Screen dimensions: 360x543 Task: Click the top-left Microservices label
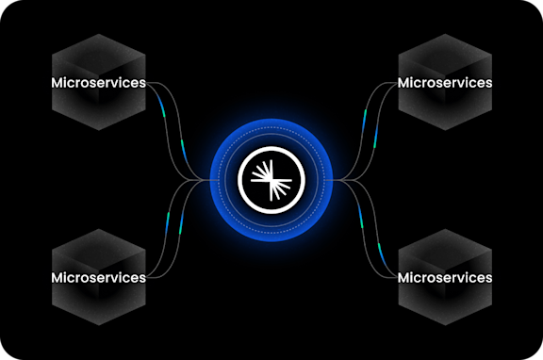click(98, 83)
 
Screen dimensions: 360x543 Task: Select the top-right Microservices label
click(445, 83)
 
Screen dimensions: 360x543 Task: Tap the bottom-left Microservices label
click(98, 277)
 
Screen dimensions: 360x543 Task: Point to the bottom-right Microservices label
click(445, 277)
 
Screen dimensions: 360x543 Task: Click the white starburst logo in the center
click(271, 179)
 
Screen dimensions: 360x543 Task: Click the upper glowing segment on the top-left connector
click(162, 102)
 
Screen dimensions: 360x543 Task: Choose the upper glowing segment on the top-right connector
click(381, 104)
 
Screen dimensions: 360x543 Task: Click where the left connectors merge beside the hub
click(203, 179)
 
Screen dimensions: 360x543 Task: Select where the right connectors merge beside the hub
click(341, 179)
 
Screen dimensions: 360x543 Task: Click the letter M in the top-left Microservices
click(58, 83)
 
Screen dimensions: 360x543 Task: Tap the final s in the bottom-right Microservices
click(488, 277)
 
